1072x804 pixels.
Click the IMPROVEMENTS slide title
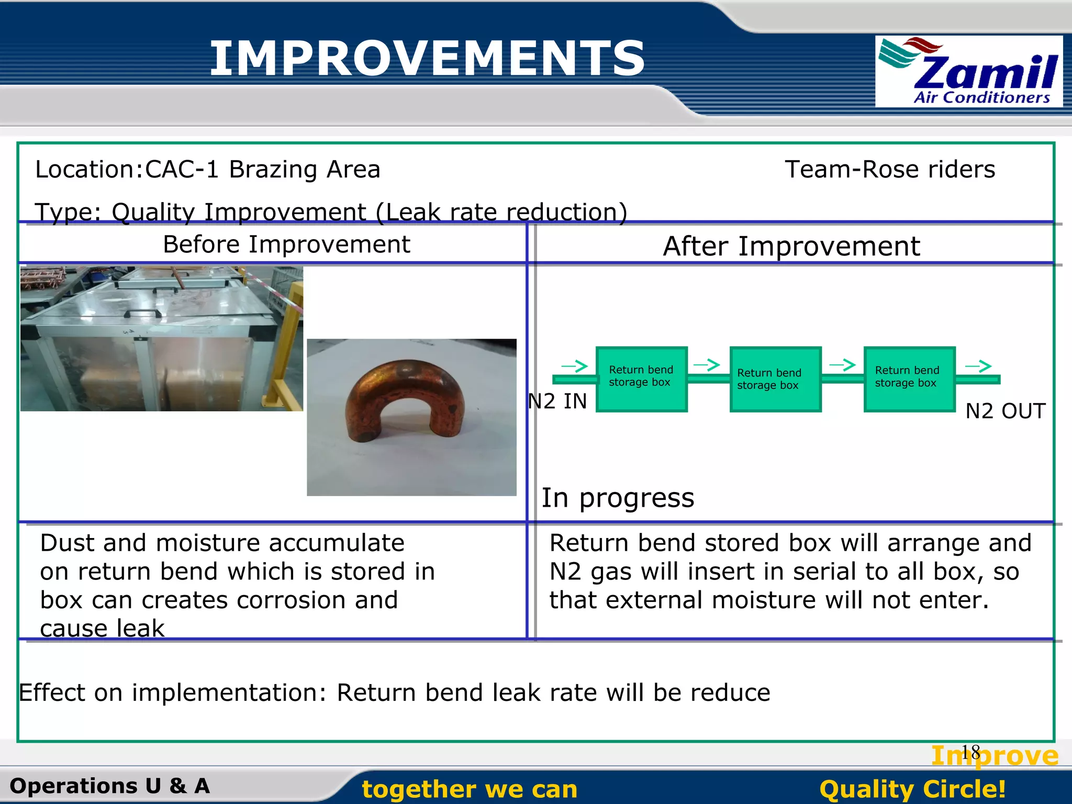(x=427, y=58)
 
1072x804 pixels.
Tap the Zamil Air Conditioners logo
(x=968, y=72)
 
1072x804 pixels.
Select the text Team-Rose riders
(x=890, y=170)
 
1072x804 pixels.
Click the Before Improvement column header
(x=286, y=244)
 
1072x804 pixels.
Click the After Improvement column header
(x=791, y=246)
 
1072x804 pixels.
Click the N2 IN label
(x=557, y=401)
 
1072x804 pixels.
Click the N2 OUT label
(x=1005, y=411)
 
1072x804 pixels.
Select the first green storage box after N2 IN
(x=641, y=379)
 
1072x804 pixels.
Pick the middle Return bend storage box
(x=775, y=379)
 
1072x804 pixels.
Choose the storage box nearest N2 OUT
(x=909, y=379)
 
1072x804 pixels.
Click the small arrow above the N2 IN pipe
(x=574, y=366)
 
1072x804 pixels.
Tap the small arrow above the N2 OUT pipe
(x=978, y=366)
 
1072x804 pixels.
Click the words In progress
(x=618, y=498)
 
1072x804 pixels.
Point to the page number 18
(x=970, y=753)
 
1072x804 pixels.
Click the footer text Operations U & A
(x=110, y=786)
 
